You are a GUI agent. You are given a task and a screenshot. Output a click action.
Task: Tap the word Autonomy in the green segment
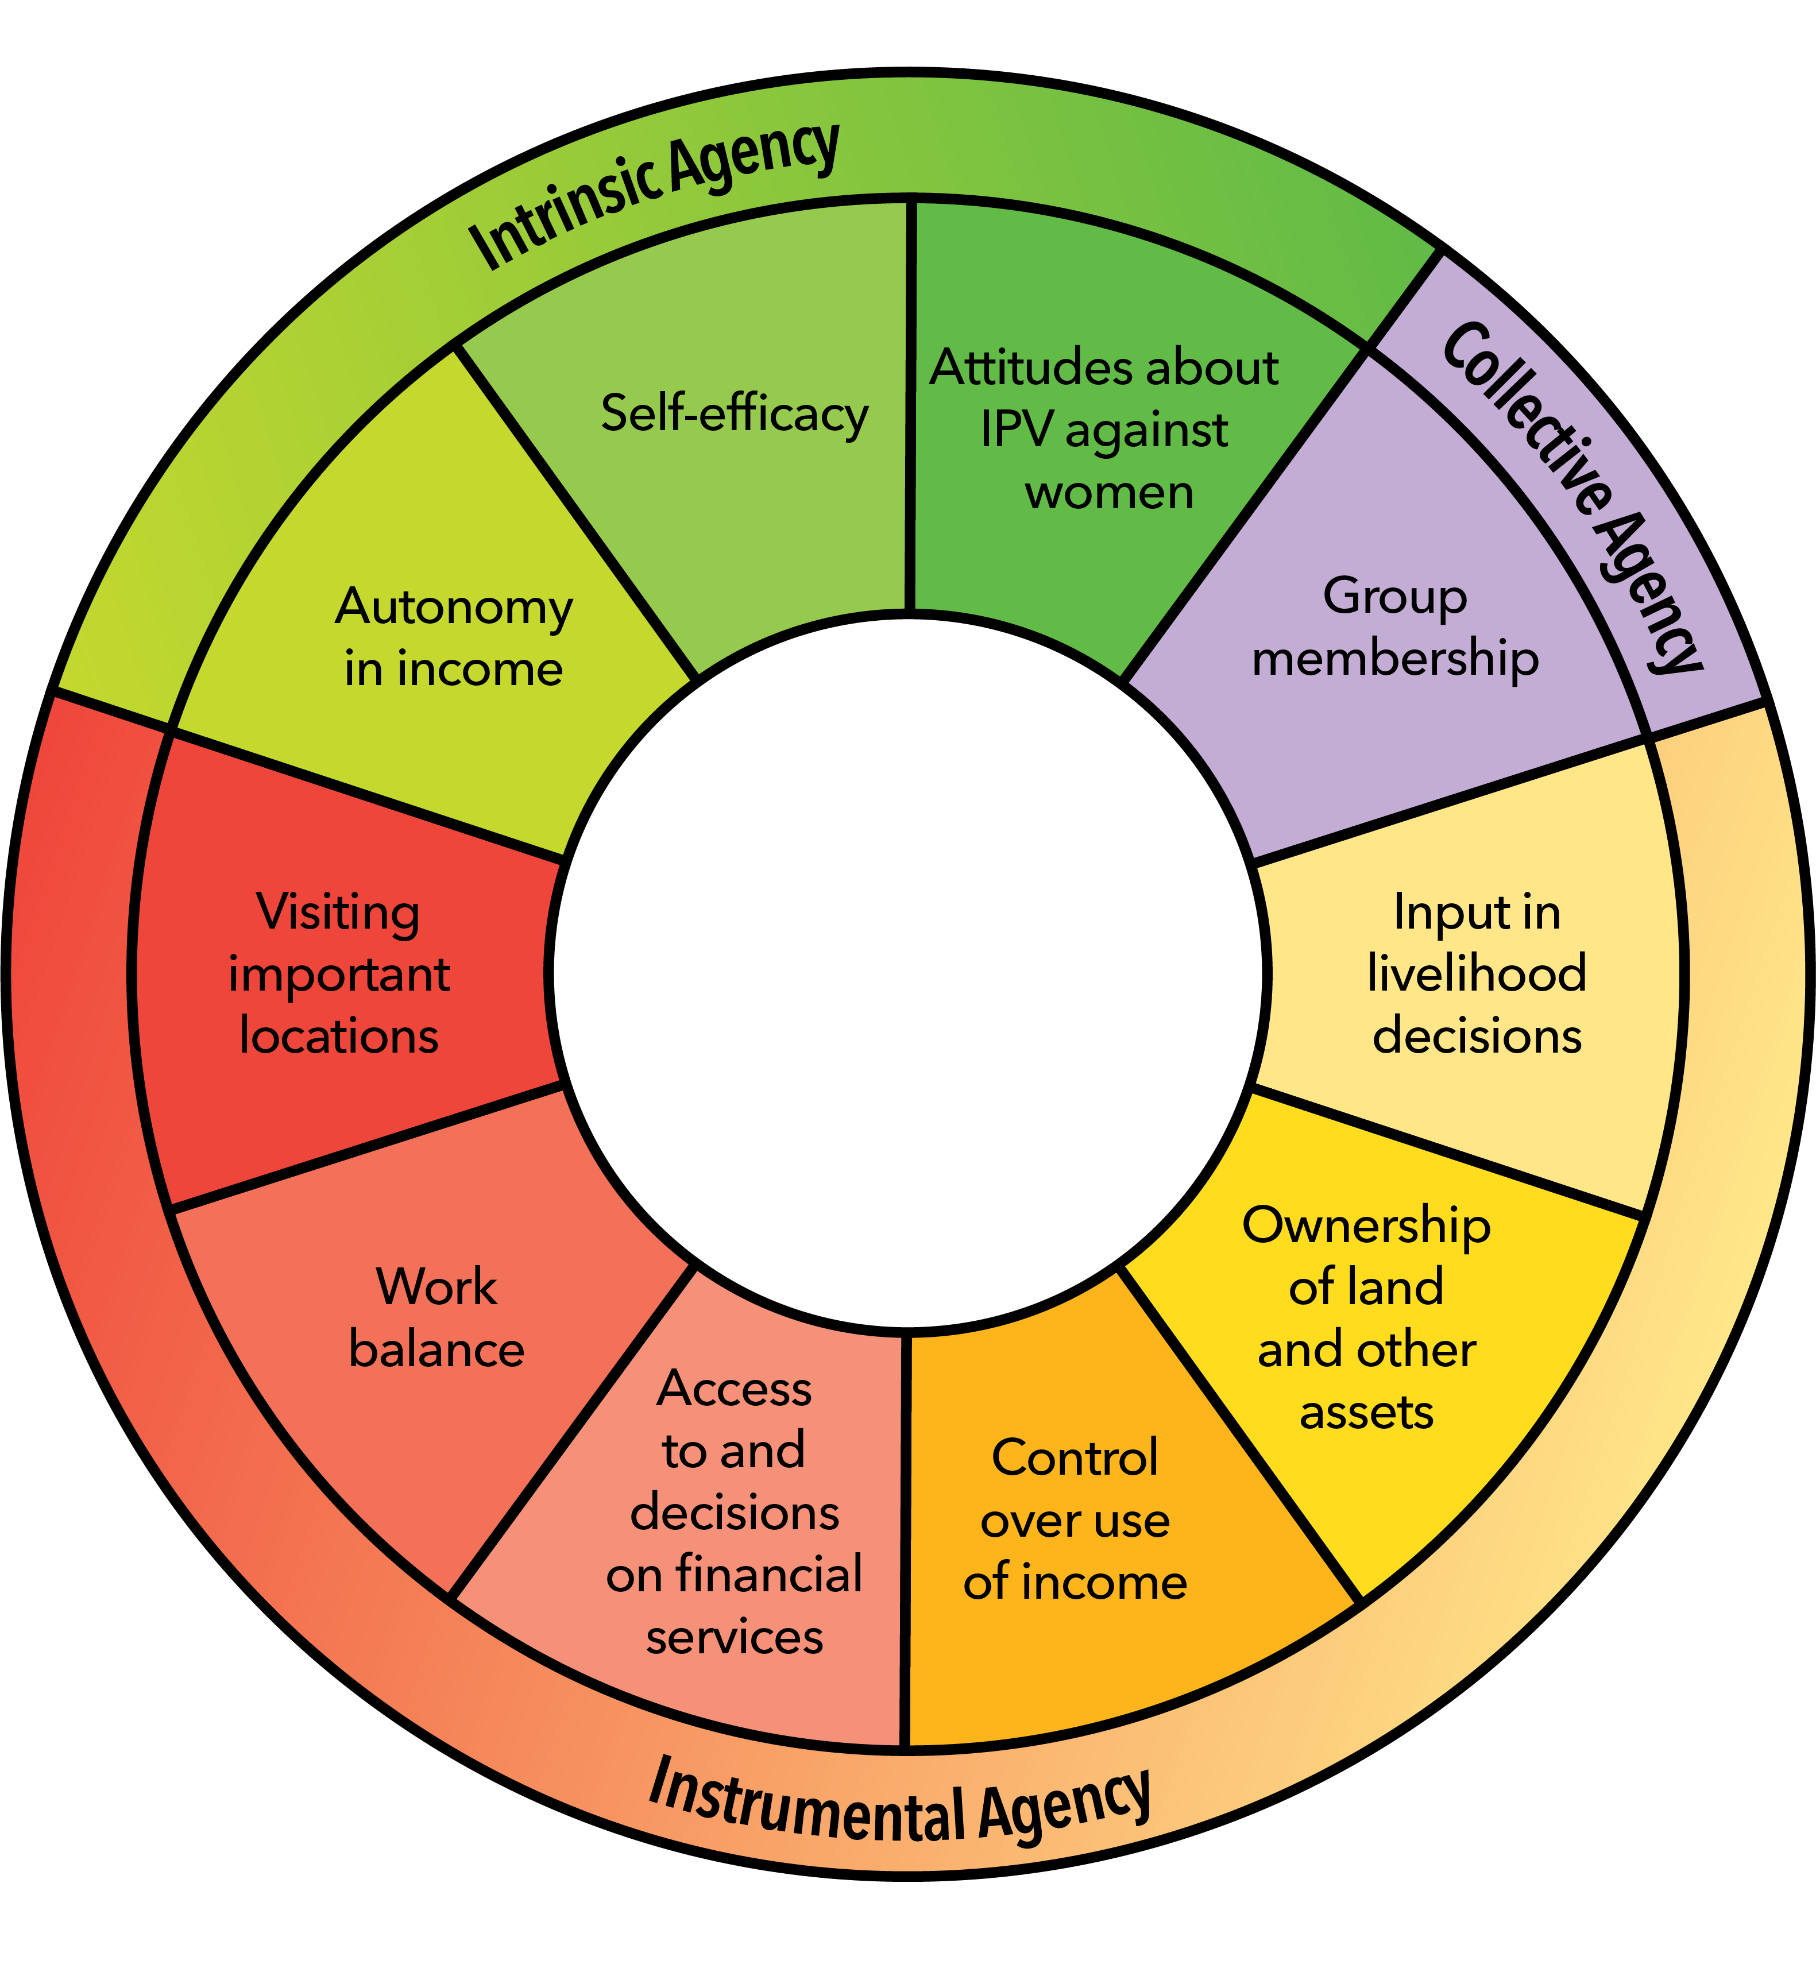pyautogui.click(x=454, y=607)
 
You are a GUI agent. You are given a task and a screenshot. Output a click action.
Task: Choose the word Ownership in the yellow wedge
pyautogui.click(x=1366, y=1226)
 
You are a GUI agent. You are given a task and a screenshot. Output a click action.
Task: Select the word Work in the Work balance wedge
pyautogui.click(x=436, y=1286)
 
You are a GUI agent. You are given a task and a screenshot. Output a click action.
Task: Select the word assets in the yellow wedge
pyautogui.click(x=1366, y=1413)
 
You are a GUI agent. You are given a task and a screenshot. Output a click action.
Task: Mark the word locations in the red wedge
pyautogui.click(x=338, y=1037)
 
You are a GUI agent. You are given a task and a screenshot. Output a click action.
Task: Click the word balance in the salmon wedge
pyautogui.click(x=436, y=1349)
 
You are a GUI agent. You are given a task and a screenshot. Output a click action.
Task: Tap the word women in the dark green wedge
pyautogui.click(x=1108, y=492)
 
